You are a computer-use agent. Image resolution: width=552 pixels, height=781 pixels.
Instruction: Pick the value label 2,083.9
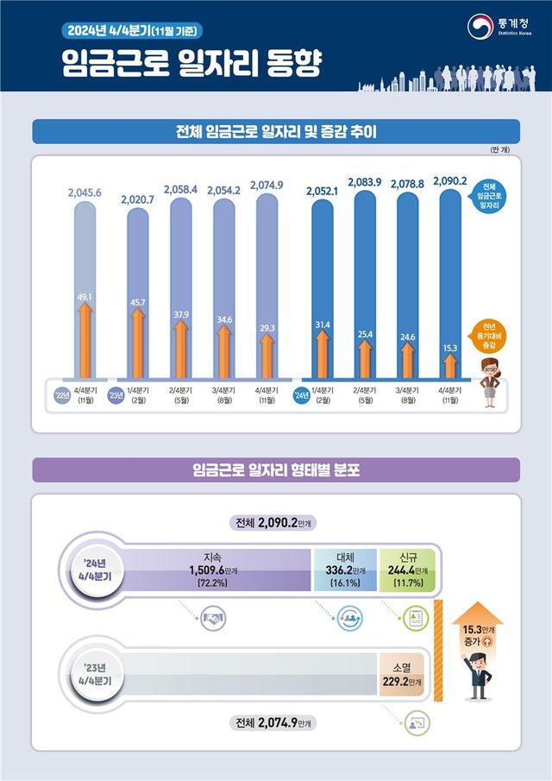click(364, 182)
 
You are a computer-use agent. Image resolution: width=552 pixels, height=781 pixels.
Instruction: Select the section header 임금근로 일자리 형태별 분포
click(275, 470)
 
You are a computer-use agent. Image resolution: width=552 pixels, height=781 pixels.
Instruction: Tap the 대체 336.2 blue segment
click(345, 570)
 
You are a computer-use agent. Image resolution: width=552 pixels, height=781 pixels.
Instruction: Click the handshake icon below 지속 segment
click(212, 618)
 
